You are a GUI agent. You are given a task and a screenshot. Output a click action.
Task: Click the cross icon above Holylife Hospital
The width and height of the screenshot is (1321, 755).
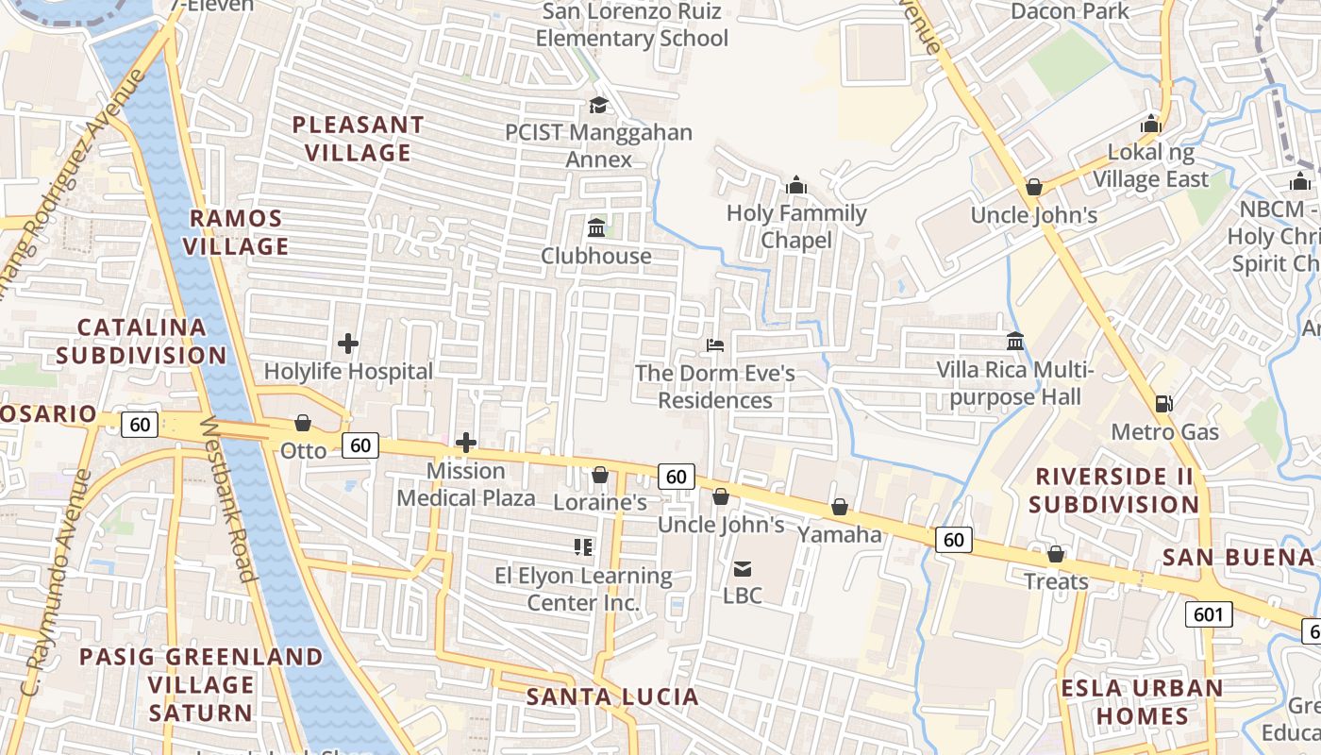[348, 344]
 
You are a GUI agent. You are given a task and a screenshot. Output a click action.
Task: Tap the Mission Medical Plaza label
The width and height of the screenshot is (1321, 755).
[466, 484]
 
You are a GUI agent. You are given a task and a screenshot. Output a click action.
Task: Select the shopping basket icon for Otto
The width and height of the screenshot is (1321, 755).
[303, 423]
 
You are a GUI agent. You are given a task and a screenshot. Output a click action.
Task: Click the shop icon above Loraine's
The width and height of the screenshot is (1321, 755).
[599, 475]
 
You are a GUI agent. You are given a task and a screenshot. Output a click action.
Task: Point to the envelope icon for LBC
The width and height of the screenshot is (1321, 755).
[743, 568]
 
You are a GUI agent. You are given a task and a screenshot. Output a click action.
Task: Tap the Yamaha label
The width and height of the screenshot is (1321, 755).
[839, 535]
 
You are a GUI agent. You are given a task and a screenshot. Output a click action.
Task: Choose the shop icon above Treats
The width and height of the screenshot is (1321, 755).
[1056, 554]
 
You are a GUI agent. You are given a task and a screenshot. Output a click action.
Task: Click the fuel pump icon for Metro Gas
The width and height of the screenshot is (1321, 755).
[1164, 404]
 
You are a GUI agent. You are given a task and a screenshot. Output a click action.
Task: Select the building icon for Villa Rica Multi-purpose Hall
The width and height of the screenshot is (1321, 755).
[1015, 341]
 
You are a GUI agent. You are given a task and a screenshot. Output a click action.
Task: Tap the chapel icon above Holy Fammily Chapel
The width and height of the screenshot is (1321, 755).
[795, 185]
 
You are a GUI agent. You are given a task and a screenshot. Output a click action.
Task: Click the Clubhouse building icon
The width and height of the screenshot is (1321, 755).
[596, 228]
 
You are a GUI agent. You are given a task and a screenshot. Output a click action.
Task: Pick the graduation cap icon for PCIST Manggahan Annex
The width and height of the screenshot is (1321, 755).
[598, 105]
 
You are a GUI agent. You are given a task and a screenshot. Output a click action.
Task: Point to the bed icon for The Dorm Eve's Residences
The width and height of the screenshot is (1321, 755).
[715, 345]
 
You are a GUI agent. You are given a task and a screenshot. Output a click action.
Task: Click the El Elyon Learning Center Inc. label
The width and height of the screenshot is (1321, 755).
[583, 589]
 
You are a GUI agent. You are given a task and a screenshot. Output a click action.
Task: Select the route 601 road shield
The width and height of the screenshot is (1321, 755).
[1207, 615]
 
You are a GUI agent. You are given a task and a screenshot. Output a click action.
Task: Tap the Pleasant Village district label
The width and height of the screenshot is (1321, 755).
[358, 139]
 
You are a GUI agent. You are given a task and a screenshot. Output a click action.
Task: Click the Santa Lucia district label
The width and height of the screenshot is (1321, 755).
[612, 697]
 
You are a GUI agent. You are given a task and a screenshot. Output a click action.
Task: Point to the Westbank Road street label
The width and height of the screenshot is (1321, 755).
[229, 500]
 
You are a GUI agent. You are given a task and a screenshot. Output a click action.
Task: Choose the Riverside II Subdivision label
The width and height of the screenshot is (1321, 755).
[1113, 490]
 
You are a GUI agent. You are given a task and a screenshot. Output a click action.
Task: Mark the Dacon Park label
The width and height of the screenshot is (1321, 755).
[1070, 11]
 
